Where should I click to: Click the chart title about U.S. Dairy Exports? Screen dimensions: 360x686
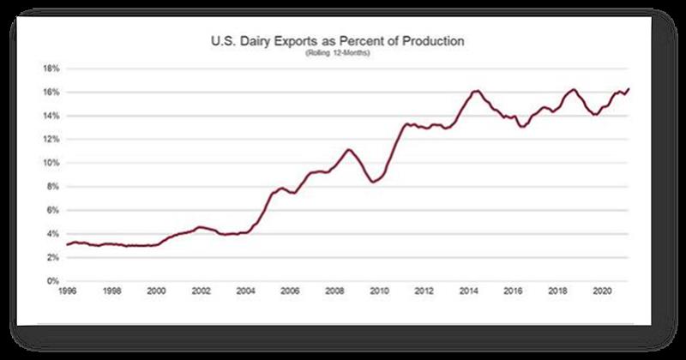(343, 41)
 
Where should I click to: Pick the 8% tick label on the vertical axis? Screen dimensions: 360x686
(51, 186)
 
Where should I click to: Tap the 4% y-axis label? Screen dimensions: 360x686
(51, 234)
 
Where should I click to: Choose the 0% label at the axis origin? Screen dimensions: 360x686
(51, 281)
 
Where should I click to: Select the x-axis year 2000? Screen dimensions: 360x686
(155, 292)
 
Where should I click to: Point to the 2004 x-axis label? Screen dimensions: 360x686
(244, 292)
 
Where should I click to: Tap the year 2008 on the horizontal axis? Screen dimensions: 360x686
(334, 292)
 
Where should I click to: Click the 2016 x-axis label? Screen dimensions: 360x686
(511, 292)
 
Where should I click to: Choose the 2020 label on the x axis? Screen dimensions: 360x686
(600, 292)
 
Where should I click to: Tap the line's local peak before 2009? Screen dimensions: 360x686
(348, 149)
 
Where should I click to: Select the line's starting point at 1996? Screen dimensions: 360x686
(67, 245)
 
